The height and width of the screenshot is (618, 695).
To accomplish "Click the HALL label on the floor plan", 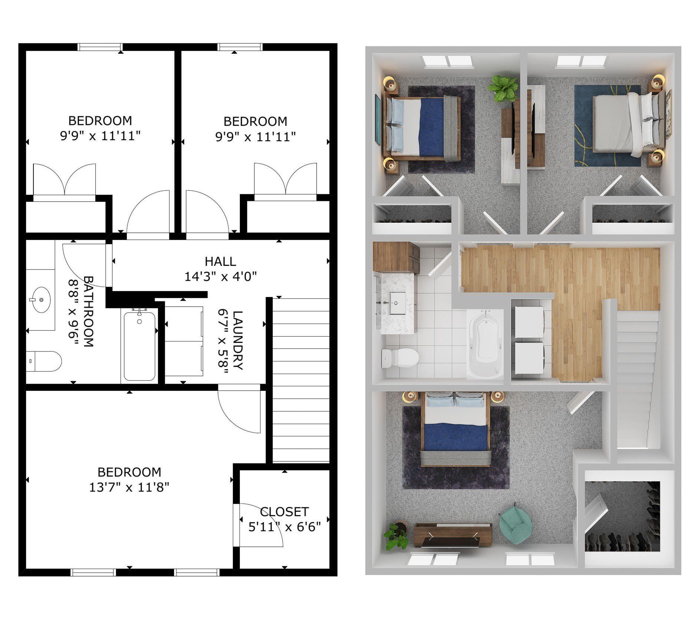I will [220, 261].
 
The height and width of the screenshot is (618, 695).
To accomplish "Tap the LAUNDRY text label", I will [237, 340].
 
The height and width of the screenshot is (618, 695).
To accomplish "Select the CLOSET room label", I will [284, 512].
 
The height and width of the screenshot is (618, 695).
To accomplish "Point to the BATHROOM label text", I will [88, 311].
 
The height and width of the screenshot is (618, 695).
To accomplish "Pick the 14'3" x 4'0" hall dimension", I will [221, 277].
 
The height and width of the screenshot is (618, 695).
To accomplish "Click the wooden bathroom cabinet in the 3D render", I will [396, 257].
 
